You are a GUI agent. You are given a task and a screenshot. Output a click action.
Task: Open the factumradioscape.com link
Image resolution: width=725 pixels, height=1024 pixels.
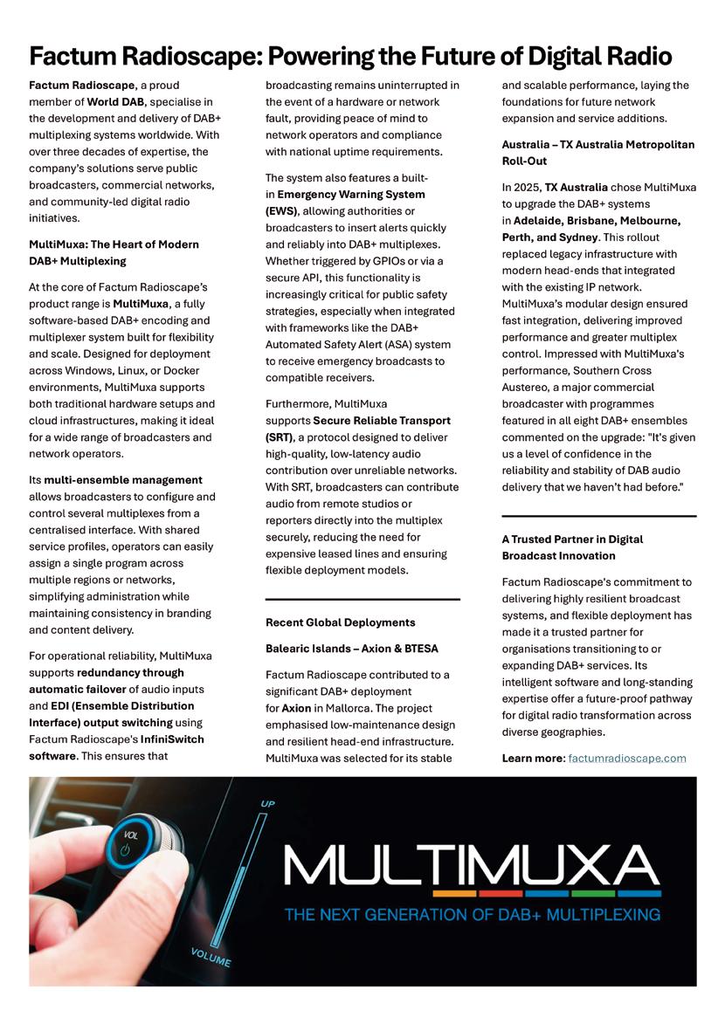coord(626,758)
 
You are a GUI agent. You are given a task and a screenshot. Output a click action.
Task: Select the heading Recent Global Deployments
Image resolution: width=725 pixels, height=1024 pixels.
coord(340,622)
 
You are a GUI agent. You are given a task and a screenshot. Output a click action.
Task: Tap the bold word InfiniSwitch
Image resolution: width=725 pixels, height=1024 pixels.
coord(176,739)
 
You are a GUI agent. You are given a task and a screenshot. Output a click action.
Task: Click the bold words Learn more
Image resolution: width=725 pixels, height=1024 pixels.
coord(533,758)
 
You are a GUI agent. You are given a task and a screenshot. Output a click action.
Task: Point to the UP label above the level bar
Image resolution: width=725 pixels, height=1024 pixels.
coord(267,802)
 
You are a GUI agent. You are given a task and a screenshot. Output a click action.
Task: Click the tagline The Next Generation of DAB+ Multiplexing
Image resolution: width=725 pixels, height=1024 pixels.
coord(473,915)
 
